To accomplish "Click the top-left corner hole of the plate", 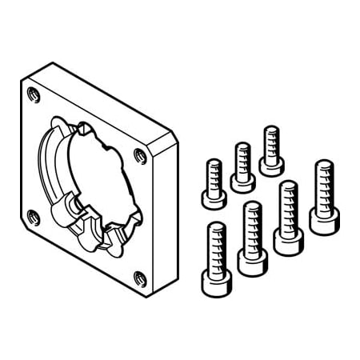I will point(32,95).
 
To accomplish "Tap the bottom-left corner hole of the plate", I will point(33,214).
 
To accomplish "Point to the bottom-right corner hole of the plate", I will point(140,279).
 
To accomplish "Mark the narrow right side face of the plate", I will point(170,216).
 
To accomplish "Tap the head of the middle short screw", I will point(242,182).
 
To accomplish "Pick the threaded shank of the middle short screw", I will point(242,158).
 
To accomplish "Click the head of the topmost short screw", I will point(271,166).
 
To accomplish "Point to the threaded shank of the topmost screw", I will point(271,142).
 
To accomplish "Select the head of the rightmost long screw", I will point(323,223).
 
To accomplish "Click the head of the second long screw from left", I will point(253,262).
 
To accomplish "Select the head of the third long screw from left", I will point(288,242).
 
